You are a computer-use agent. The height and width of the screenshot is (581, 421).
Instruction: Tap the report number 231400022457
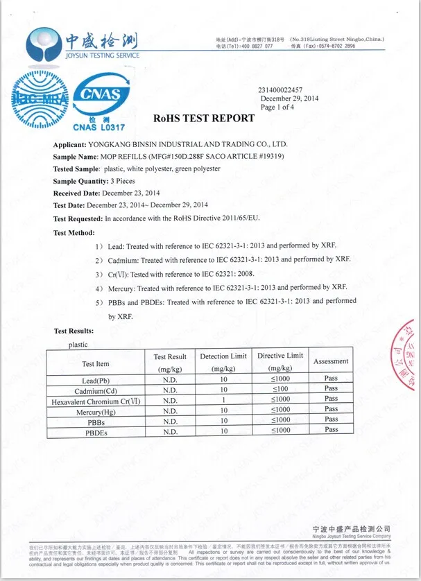tap(280, 90)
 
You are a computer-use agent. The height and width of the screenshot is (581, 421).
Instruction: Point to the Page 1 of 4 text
tap(277, 107)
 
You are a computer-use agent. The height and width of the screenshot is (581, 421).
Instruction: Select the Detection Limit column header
tap(223, 362)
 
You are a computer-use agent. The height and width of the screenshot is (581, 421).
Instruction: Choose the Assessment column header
tap(331, 361)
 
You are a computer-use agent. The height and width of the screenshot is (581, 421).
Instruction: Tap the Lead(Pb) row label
tap(96, 381)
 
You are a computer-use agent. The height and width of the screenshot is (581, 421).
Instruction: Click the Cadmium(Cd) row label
tap(96, 390)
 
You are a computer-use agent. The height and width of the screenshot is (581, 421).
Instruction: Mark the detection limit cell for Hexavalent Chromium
tap(223, 400)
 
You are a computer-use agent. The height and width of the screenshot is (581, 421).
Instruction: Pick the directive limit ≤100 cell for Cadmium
tap(280, 390)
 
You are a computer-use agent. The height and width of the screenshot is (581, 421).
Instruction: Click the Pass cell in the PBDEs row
tap(331, 430)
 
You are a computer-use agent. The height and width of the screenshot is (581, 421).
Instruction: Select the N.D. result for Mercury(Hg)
tap(170, 410)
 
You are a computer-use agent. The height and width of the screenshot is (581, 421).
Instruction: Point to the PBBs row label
tap(96, 421)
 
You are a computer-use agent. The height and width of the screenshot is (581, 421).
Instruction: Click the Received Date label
tap(78, 193)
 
